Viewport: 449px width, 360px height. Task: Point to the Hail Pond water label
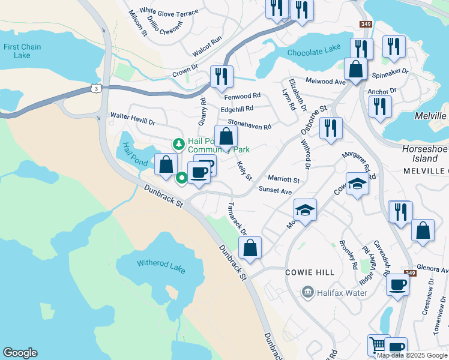click(136, 152)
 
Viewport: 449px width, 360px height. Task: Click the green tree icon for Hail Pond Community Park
click(178, 144)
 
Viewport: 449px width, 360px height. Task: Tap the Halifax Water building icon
click(308, 292)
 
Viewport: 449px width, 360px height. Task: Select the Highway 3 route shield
click(95, 88)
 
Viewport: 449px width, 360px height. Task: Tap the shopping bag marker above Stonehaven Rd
click(226, 136)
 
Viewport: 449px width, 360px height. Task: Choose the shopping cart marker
click(378, 345)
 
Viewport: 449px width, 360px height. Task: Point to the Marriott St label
click(283, 179)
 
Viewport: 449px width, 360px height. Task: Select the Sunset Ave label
click(275, 190)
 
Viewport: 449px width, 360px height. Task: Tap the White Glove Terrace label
click(169, 12)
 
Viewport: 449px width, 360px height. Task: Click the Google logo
click(20, 353)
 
